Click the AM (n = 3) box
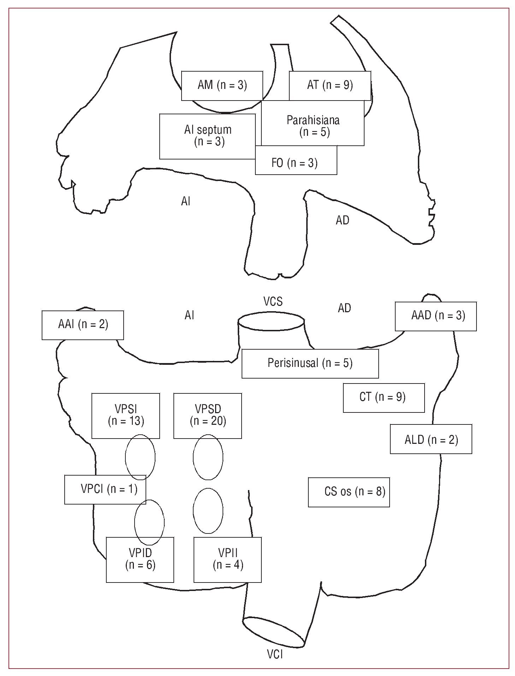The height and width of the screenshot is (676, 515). pyautogui.click(x=222, y=86)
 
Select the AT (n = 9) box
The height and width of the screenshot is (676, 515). pyautogui.click(x=330, y=86)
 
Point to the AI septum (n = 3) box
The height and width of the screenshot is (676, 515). pyautogui.click(x=208, y=136)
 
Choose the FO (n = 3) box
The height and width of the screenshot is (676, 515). pyautogui.click(x=296, y=162)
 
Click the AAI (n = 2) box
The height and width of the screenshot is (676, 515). pyautogui.click(x=83, y=325)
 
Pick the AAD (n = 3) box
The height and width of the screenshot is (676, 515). pyautogui.click(x=436, y=316)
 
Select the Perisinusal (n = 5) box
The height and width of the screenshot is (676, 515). pyautogui.click(x=310, y=363)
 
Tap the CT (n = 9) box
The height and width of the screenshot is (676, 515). pyautogui.click(x=384, y=398)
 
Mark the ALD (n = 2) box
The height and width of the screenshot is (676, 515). pyautogui.click(x=431, y=439)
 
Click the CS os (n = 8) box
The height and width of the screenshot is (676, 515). pyautogui.click(x=349, y=492)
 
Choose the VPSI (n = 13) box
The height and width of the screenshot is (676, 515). pyautogui.click(x=126, y=416)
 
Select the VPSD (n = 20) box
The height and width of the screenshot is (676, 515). pyautogui.click(x=208, y=416)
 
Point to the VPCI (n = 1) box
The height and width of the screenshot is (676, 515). pyautogui.click(x=105, y=489)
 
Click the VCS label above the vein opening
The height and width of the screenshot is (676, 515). pyautogui.click(x=273, y=302)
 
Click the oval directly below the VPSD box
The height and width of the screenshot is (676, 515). pyautogui.click(x=208, y=457)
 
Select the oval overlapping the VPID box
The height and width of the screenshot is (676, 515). pyautogui.click(x=149, y=522)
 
